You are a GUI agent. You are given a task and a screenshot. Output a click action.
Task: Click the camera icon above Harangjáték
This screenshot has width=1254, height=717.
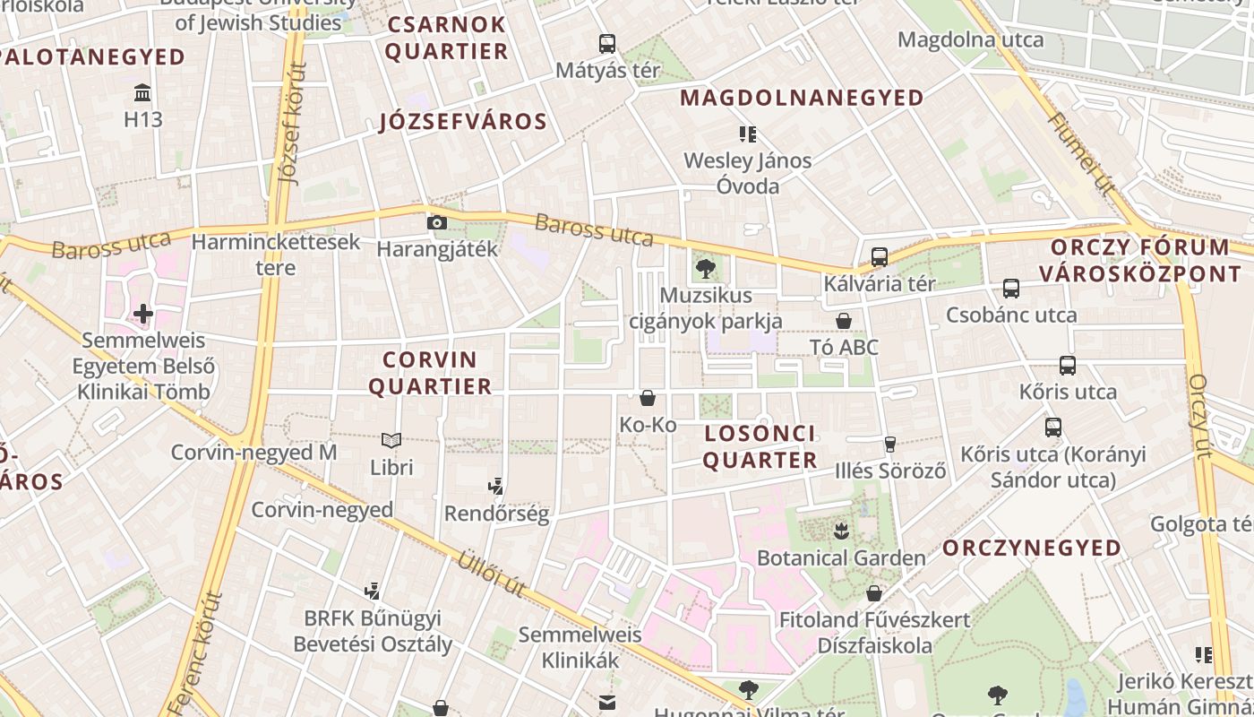[437, 222]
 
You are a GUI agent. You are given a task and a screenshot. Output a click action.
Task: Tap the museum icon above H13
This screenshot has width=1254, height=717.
[142, 92]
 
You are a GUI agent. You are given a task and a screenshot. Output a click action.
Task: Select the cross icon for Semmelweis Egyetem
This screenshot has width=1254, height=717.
[142, 314]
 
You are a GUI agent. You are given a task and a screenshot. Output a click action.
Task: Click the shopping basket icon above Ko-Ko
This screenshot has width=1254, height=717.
[648, 397]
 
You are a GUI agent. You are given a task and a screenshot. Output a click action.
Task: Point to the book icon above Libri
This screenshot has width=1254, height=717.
[391, 440]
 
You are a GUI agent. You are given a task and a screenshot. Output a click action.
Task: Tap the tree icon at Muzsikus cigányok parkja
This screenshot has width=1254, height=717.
[706, 267]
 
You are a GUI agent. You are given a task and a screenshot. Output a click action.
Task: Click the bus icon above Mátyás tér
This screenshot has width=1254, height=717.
[607, 43]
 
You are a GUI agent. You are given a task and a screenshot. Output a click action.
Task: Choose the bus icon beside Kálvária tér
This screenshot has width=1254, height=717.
[879, 257]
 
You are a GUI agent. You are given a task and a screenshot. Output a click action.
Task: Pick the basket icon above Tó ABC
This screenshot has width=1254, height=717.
[843, 320]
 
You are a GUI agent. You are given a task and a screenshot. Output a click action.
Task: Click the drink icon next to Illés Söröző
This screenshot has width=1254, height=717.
[889, 444]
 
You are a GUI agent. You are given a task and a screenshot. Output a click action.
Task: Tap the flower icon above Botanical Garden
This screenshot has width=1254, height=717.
[840, 531]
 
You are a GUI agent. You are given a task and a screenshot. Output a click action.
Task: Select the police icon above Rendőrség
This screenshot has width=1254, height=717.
[496, 487]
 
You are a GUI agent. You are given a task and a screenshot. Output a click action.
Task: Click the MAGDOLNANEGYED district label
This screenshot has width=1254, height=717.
[803, 98]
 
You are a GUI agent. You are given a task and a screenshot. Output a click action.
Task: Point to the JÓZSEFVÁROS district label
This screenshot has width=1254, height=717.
[463, 122]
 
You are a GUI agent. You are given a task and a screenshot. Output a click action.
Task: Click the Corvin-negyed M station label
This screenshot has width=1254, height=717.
[253, 453]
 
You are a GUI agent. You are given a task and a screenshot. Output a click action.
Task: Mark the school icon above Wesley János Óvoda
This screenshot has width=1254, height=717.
[748, 134]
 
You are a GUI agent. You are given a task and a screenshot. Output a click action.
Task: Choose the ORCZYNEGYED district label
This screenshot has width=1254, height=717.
[1032, 548]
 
